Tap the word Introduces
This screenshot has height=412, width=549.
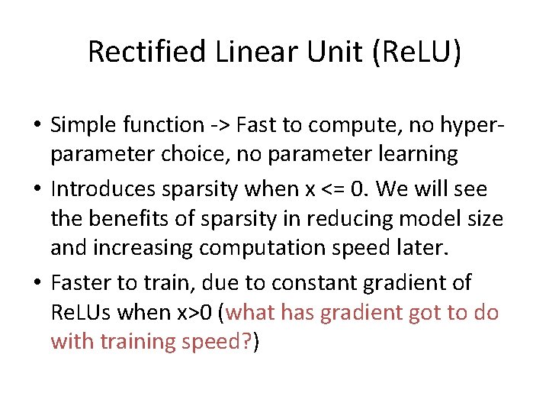pos(111,188)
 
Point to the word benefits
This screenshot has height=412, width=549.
pos(133,219)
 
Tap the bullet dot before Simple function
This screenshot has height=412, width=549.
pos(37,124)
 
